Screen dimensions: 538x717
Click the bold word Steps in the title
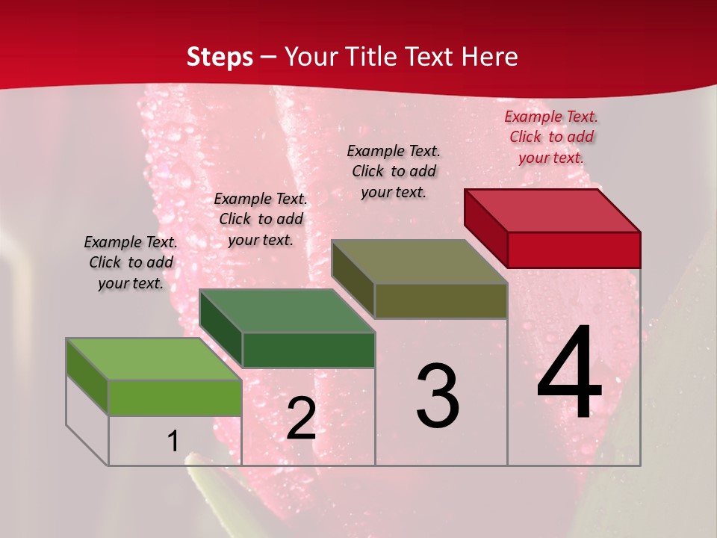coord(220,57)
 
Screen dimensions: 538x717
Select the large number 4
coord(569,374)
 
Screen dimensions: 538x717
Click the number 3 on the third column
coord(437,396)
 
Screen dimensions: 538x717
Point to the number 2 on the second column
coord(301,418)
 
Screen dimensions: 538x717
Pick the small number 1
coord(173,442)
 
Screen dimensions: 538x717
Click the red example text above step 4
coord(551,137)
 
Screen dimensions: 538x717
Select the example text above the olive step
coord(394,171)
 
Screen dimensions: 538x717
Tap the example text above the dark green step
coord(261,219)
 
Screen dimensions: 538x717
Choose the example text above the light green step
coord(131,262)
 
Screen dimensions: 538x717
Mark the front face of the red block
coord(574,250)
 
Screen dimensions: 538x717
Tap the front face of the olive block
coord(441,301)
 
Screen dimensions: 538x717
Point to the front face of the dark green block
coord(308,350)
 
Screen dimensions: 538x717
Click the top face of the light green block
coord(154,359)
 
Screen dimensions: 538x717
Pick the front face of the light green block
coord(175,398)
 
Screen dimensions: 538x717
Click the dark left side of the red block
coord(485,227)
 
